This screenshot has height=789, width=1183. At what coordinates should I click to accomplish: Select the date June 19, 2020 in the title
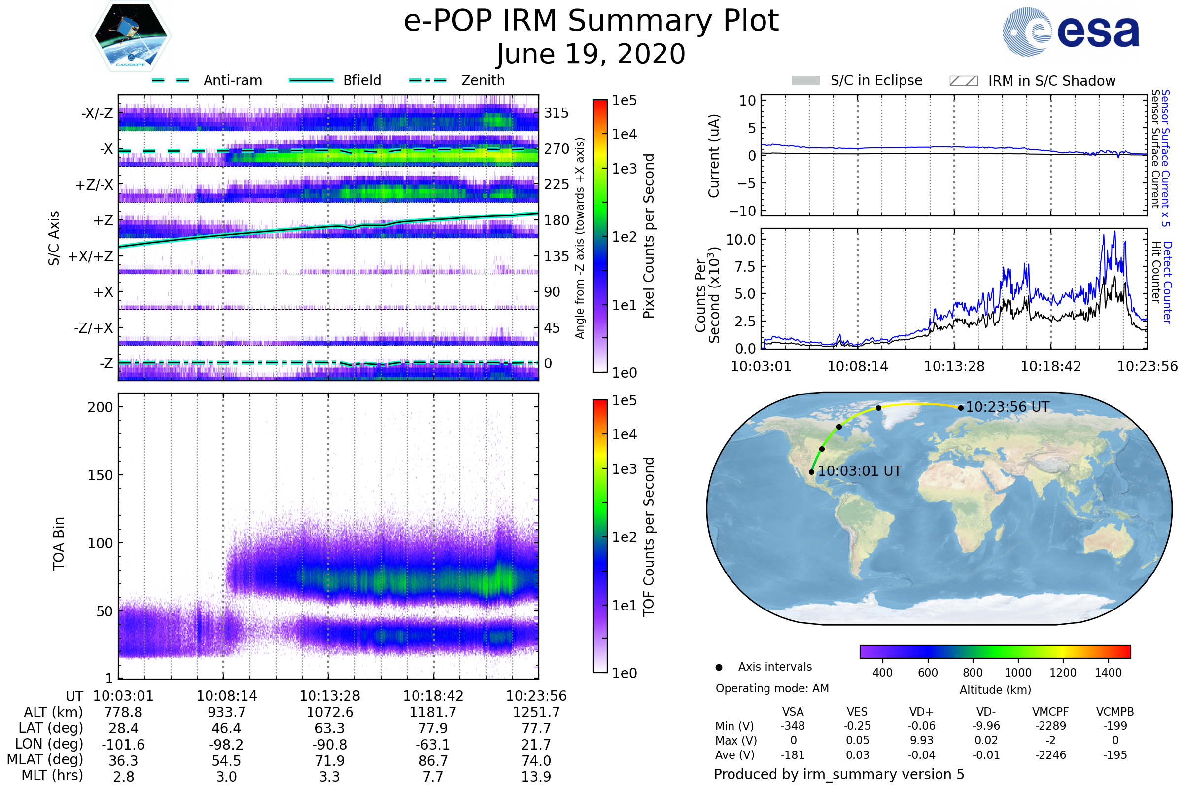pyautogui.click(x=591, y=54)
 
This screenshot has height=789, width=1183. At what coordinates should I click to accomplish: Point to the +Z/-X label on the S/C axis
pyautogui.click(x=94, y=185)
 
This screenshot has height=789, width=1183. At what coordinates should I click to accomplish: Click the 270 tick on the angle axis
pyautogui.click(x=557, y=149)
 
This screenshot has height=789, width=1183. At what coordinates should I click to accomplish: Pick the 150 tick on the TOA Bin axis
pyautogui.click(x=100, y=475)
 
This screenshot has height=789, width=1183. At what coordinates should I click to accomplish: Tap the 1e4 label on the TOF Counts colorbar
pyautogui.click(x=624, y=434)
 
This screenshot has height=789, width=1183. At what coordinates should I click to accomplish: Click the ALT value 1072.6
pyautogui.click(x=330, y=713)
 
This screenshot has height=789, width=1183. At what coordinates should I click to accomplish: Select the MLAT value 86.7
pyautogui.click(x=433, y=761)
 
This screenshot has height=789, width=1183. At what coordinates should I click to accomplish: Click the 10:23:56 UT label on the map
pyautogui.click(x=1008, y=407)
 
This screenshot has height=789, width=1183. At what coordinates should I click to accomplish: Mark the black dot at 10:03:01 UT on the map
pyautogui.click(x=812, y=472)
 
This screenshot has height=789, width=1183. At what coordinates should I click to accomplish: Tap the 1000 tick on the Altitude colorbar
pyautogui.click(x=1018, y=673)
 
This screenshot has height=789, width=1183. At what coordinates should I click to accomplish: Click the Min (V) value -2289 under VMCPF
pyautogui.click(x=1050, y=726)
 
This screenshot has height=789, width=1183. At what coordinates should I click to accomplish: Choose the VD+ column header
pyautogui.click(x=921, y=712)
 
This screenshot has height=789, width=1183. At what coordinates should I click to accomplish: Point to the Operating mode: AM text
pyautogui.click(x=772, y=688)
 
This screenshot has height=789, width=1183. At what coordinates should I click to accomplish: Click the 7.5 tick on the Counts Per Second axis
pyautogui.click(x=745, y=267)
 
